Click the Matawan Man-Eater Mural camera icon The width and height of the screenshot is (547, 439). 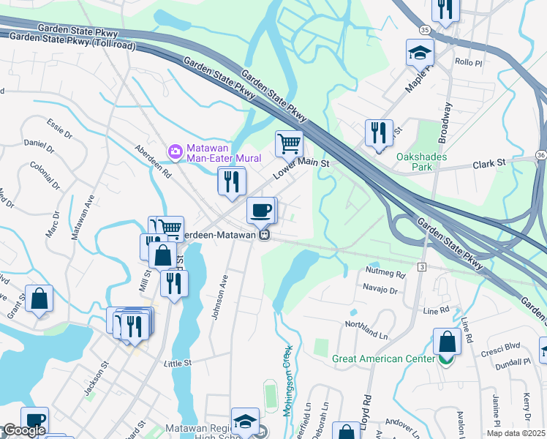click(x=176, y=151)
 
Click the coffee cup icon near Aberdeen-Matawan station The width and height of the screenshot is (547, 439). click(x=261, y=211)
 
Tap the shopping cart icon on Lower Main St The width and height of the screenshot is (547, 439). click(x=289, y=143)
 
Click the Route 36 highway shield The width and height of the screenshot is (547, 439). click(x=540, y=154)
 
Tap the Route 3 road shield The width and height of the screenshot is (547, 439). click(x=422, y=268)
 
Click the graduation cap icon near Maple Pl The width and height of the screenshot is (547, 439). click(x=420, y=52)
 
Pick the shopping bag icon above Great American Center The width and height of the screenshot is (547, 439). click(x=446, y=342)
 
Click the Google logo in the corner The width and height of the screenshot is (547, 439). click(x=23, y=430)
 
